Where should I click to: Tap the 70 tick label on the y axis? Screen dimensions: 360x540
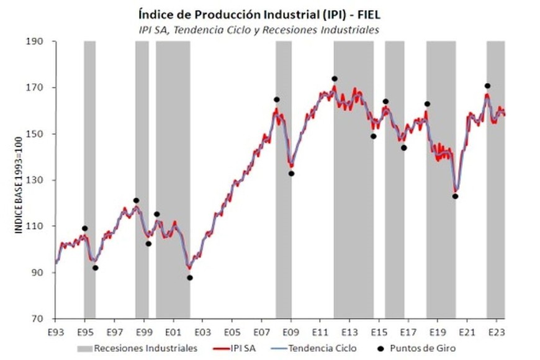click(x=45, y=320)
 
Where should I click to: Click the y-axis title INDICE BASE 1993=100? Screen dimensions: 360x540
click(x=19, y=186)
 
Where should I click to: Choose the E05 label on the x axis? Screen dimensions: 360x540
click(x=232, y=332)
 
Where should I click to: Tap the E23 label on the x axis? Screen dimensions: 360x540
click(x=497, y=332)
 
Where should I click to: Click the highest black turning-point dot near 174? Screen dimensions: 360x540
click(x=335, y=79)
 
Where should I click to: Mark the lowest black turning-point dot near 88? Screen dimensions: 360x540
click(x=190, y=277)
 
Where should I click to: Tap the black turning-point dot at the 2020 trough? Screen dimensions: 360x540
click(x=455, y=196)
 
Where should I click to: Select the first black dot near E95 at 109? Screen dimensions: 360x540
click(x=84, y=228)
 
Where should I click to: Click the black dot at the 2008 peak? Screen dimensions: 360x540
click(x=276, y=99)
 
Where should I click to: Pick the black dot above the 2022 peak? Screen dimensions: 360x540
click(x=488, y=86)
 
